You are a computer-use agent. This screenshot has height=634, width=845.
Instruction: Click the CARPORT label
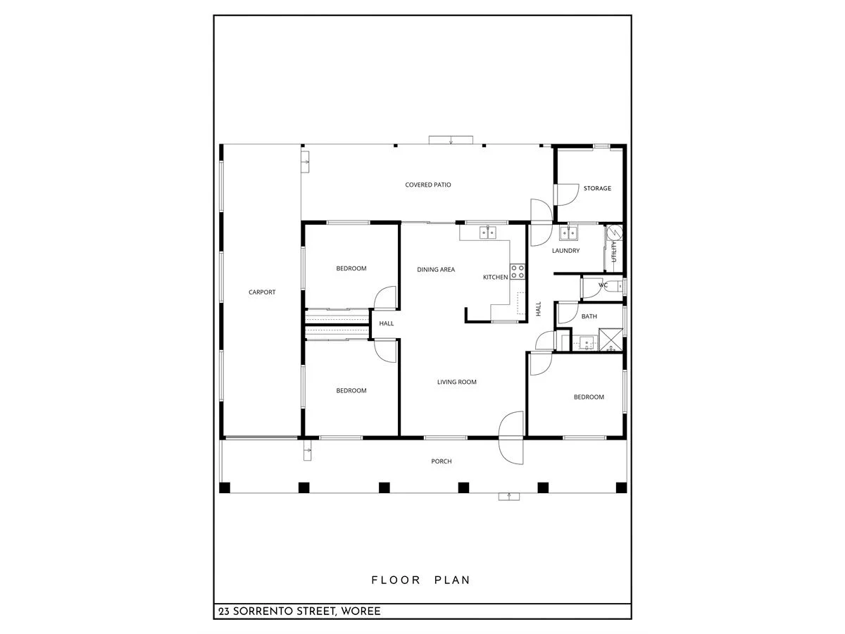tap(262, 292)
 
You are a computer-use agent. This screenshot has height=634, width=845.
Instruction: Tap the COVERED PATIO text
tap(428, 185)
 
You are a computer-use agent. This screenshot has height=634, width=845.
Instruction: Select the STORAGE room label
tap(597, 189)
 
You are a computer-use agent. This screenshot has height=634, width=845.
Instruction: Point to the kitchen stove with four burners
tap(518, 271)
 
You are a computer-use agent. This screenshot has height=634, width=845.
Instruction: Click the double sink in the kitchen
tap(489, 232)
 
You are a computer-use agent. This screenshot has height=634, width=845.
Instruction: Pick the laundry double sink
tap(568, 232)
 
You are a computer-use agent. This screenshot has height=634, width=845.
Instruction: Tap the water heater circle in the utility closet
tap(613, 232)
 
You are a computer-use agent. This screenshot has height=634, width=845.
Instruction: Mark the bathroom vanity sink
tap(584, 344)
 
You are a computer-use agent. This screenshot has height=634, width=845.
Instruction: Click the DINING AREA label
tap(436, 270)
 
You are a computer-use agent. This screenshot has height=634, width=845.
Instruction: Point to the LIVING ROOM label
tap(457, 383)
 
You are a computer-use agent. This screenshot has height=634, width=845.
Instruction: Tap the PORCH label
tap(442, 461)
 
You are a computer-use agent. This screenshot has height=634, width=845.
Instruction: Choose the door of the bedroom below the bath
tap(540, 363)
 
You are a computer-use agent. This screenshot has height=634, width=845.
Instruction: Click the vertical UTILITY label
tap(614, 252)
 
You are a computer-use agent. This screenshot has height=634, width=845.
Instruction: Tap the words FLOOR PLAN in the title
tap(421, 580)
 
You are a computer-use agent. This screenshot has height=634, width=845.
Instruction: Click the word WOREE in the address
tap(361, 611)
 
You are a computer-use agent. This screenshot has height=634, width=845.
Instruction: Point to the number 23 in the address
tap(224, 611)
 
